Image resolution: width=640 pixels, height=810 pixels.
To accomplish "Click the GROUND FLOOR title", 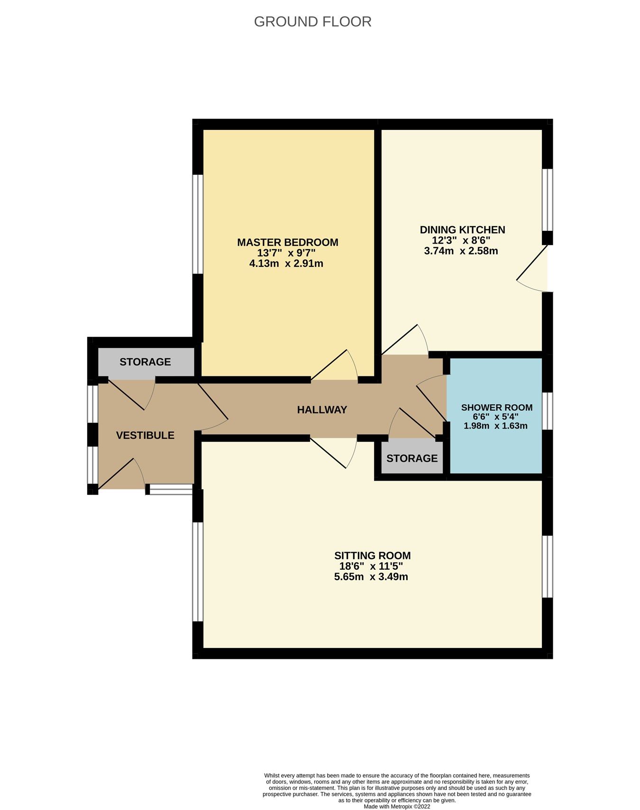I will coord(312,22).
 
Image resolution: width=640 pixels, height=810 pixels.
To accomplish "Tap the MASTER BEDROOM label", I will coord(287,242).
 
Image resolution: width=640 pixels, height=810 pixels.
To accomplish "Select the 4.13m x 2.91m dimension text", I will coord(286,264).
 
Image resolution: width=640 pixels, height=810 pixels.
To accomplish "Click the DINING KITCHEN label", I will coord(462,230).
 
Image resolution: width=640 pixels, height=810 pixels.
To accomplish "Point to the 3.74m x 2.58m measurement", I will coord(461,251).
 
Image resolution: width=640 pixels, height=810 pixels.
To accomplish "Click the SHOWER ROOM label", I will coord(496,408).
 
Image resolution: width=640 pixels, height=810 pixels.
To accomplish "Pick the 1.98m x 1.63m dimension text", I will coord(495,426).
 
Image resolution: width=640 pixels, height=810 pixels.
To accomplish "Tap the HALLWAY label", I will coord(322,410).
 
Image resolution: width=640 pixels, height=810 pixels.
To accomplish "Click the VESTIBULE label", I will coord(145,435).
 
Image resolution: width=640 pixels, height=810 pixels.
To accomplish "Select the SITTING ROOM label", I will coord(372,555).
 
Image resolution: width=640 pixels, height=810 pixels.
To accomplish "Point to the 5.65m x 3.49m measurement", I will coord(371,577).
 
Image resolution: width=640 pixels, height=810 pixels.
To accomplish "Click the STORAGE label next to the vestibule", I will coord(145,362).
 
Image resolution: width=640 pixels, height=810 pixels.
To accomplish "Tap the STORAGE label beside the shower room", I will coord(411,458).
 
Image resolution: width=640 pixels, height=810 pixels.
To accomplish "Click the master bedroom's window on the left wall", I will coord(198,224).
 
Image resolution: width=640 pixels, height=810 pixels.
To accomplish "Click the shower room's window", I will coord(548,411).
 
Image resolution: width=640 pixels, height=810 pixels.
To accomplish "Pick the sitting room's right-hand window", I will coord(548,566).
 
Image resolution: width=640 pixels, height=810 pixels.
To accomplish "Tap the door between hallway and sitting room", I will coord(333,452).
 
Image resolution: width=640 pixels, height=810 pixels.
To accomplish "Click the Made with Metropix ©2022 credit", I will coord(397,806).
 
